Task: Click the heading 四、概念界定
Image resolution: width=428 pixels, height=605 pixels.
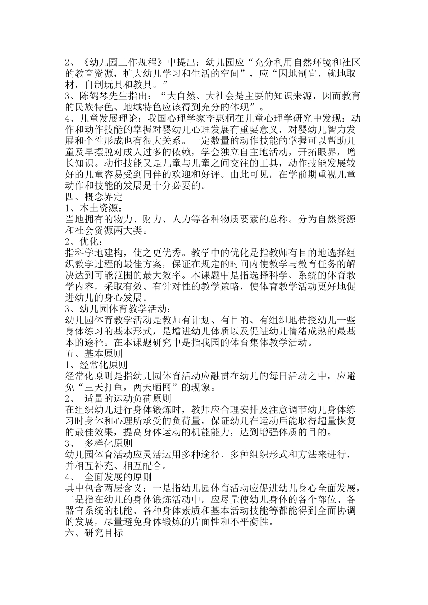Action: (x=94, y=197)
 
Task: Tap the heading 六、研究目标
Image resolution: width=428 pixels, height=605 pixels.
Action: (x=94, y=534)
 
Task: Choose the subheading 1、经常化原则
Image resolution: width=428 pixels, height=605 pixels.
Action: (x=99, y=365)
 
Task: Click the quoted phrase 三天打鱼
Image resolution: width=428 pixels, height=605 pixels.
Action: (x=108, y=388)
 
